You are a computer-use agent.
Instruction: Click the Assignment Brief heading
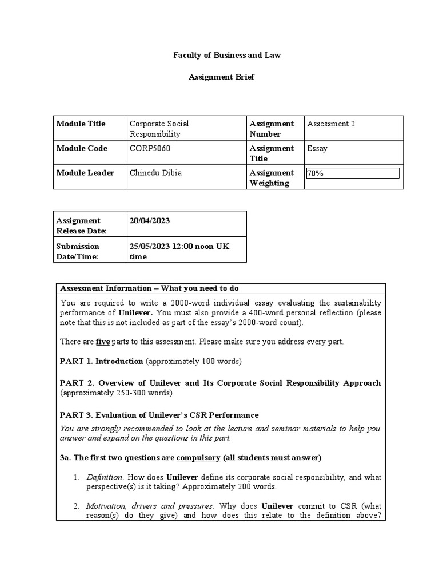[221, 77]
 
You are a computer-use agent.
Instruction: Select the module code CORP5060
[150, 148]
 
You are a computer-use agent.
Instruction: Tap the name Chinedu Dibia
[156, 173]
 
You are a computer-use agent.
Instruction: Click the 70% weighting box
[353, 173]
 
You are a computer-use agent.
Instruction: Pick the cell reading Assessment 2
[331, 124]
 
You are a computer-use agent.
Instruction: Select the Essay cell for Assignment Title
[317, 148]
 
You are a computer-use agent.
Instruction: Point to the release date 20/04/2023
[150, 221]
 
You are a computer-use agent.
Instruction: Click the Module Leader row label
[85, 173]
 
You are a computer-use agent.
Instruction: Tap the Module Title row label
[81, 124]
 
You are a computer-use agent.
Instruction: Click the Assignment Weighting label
[272, 178]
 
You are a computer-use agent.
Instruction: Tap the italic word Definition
[105, 477]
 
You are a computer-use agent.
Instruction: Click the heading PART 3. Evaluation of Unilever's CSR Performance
[159, 415]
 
